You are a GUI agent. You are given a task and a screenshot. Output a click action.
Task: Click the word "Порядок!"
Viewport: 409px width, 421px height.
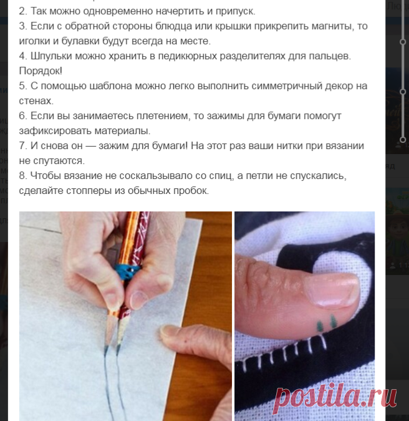[x=41, y=71]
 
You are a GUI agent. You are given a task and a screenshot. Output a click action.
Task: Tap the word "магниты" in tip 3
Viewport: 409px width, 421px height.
[x=333, y=26]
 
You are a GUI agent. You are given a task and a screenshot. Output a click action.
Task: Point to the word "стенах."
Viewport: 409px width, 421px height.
[x=36, y=100]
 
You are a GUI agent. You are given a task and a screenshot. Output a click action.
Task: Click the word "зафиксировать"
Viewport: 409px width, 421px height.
[x=55, y=131]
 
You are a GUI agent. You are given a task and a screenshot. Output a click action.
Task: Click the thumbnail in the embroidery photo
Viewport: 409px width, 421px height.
[x=333, y=290]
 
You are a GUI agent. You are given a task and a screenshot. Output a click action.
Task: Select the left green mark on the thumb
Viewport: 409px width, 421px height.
[x=320, y=326]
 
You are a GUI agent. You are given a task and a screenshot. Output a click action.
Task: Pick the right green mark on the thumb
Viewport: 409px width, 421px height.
[x=333, y=321]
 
